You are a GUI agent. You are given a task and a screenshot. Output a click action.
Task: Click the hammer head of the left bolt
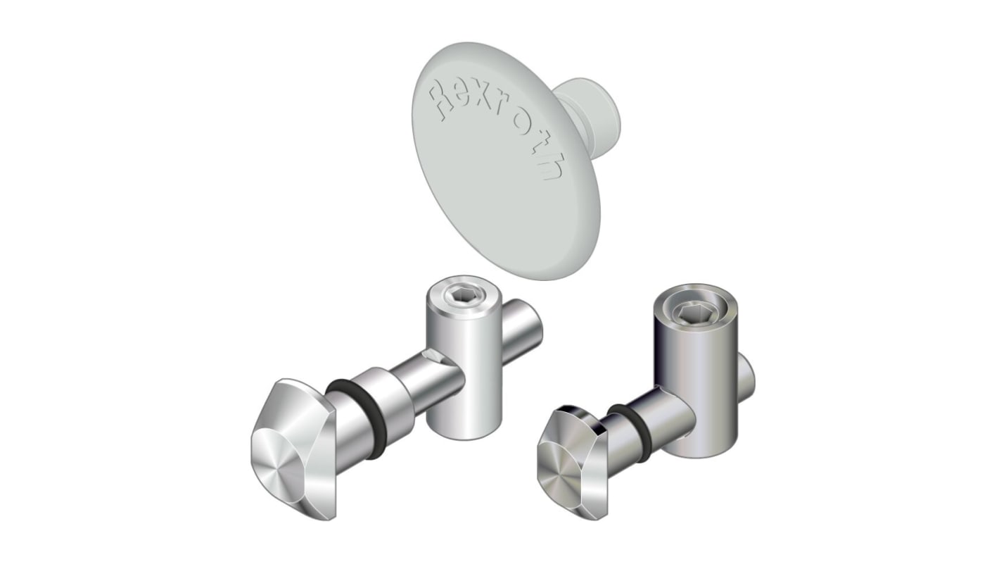295,451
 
